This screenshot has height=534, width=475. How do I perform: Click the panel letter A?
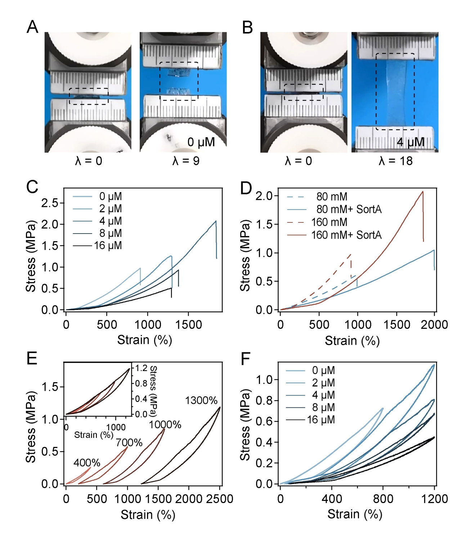(x=32, y=27)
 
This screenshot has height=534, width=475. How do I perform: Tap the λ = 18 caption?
(x=395, y=160)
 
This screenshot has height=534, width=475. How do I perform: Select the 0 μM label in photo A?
(x=201, y=142)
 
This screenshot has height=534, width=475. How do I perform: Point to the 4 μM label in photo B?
(x=410, y=142)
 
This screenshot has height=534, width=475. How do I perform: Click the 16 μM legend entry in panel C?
(x=108, y=245)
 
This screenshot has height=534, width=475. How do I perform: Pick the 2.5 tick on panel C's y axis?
(x=50, y=203)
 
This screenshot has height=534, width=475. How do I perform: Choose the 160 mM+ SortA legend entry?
(x=346, y=235)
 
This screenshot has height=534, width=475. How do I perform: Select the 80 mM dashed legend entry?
(x=332, y=196)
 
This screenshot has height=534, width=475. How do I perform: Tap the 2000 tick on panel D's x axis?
(x=434, y=325)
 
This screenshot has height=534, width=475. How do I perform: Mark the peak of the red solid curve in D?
(x=422, y=192)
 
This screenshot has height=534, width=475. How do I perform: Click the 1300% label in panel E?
(x=201, y=400)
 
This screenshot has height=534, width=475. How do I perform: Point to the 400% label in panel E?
(x=87, y=463)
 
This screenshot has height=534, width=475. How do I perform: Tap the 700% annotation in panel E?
(x=129, y=443)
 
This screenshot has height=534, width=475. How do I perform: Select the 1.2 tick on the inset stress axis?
(x=141, y=368)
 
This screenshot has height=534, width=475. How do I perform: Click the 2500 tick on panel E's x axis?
(x=220, y=499)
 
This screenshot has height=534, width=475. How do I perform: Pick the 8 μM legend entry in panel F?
(x=321, y=407)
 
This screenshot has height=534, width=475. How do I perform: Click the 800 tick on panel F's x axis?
(x=383, y=499)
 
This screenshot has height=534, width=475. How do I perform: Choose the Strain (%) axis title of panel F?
(x=354, y=514)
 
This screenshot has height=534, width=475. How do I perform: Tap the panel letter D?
(x=246, y=188)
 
